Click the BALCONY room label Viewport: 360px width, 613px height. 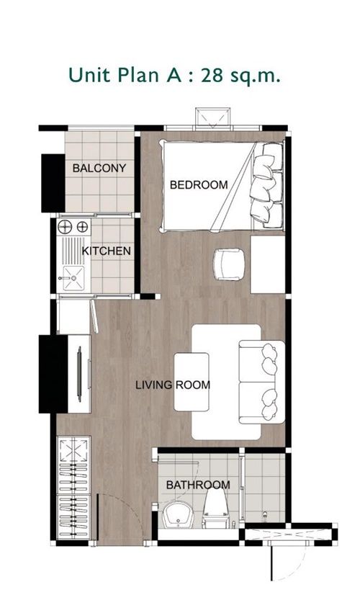click(x=99, y=169)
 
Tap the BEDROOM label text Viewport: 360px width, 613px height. click(x=199, y=185)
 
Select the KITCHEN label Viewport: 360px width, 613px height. click(x=106, y=251)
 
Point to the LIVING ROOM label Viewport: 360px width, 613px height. click(x=173, y=385)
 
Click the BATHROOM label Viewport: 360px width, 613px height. click(x=198, y=486)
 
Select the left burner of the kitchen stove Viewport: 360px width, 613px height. click(x=64, y=227)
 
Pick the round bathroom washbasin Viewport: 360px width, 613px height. click(x=178, y=515)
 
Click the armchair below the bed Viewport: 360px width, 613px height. click(x=229, y=264)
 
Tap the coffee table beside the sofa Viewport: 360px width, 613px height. click(x=191, y=382)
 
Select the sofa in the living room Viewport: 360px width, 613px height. click(x=261, y=382)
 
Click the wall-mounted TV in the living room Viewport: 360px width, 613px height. click(x=79, y=374)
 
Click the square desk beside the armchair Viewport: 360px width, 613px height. click(x=267, y=264)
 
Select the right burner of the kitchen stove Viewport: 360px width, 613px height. click(x=83, y=227)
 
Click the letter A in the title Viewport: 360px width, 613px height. click(x=174, y=75)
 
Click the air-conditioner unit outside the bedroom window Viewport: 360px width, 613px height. click(x=212, y=117)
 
